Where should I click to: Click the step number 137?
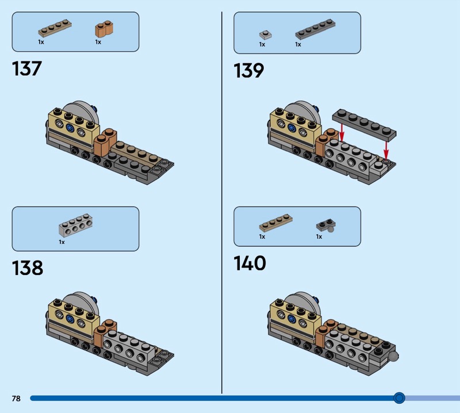tap(27, 69)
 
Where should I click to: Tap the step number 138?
tap(28, 268)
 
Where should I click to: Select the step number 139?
tap(249, 71)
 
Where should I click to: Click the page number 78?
tap(16, 398)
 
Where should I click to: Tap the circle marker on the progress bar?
tap(399, 397)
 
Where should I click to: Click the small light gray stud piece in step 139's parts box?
tap(264, 34)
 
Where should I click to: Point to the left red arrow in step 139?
tap(342, 132)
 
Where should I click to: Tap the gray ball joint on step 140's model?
tap(393, 357)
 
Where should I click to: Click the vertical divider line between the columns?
tap(222, 201)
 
